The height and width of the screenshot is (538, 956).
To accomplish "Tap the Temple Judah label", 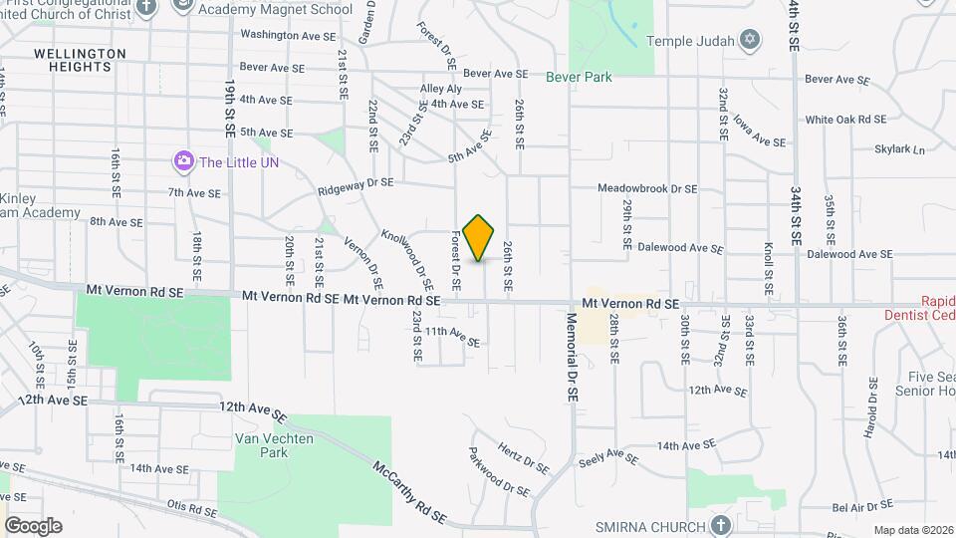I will coord(690,41).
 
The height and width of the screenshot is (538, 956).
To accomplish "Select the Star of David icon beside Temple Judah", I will coord(751,41).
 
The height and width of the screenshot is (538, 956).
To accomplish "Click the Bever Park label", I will coord(579,77).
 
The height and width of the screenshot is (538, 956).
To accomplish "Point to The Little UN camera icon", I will coord(183,161).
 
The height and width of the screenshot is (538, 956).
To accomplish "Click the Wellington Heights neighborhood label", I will coord(80,60).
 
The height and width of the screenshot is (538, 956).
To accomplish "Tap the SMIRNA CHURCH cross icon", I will coord(722,525).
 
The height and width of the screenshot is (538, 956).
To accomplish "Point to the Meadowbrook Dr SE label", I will coord(647,188).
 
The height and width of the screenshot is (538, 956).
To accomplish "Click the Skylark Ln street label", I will coord(899,150).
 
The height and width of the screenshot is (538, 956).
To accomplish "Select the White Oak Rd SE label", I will coord(845,120).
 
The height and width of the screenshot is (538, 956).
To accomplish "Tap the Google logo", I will coord(33,525).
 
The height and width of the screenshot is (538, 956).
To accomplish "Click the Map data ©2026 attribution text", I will coord(911,530).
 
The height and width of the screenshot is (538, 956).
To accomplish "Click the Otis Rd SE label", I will coord(192,510).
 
